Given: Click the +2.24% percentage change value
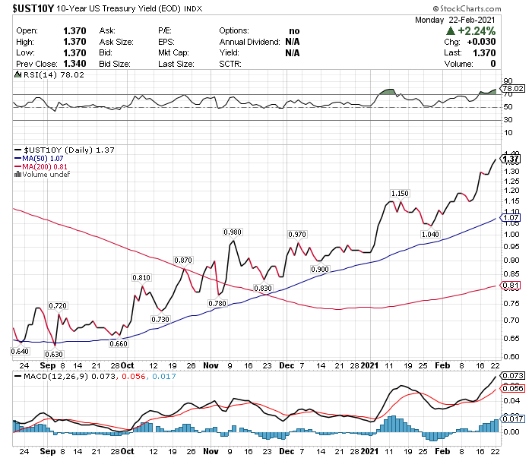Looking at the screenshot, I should pyautogui.click(x=474, y=31).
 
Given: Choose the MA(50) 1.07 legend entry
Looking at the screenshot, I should pyautogui.click(x=43, y=159).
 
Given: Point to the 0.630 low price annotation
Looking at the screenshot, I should pyautogui.click(x=54, y=354).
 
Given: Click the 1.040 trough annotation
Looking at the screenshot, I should pyautogui.click(x=430, y=235).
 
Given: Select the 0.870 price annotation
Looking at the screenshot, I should pyautogui.click(x=183, y=261).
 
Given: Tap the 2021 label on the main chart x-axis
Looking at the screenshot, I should pyautogui.click(x=369, y=365).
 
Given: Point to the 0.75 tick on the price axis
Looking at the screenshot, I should pyautogui.click(x=511, y=299).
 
